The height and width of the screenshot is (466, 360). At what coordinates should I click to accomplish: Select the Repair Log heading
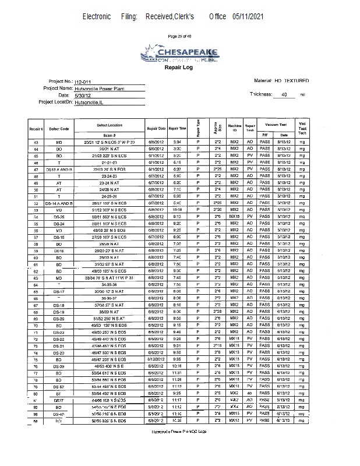(179, 68)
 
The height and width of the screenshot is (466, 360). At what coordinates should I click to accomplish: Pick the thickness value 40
(284, 94)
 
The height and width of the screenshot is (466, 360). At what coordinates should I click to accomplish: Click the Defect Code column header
(59, 128)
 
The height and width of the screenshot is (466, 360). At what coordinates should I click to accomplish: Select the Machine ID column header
(234, 128)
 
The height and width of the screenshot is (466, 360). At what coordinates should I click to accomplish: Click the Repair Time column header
(178, 128)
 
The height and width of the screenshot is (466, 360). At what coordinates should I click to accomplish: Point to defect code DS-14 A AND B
(59, 203)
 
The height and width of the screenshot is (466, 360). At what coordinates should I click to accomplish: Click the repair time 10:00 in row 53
(178, 209)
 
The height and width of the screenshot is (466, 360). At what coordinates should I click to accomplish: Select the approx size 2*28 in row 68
(217, 312)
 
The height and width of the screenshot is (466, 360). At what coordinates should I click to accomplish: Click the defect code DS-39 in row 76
(59, 366)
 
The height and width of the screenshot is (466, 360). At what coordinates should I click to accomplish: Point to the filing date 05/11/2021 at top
(248, 17)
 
